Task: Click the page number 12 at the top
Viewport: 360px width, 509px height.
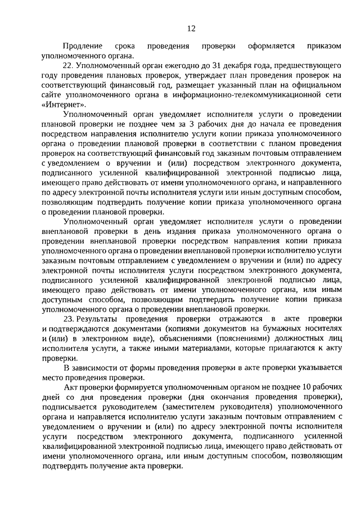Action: (191, 28)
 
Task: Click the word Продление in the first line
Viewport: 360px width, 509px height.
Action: (83, 46)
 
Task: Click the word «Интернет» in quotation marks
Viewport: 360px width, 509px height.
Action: (64, 105)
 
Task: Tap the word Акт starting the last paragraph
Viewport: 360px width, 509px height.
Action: (70, 388)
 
